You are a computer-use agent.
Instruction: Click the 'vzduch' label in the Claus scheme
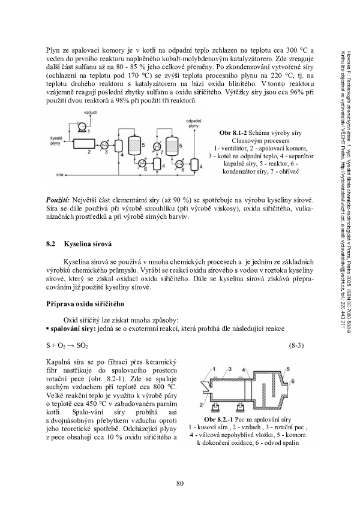click(x=73, y=113)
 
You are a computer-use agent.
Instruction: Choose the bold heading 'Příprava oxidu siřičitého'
click(x=85, y=304)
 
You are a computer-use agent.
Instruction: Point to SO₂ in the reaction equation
click(x=82, y=346)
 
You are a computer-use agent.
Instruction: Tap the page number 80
click(x=179, y=484)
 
